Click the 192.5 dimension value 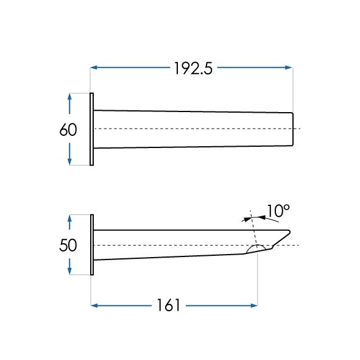[193, 68]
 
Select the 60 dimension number [68, 130]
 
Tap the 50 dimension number [68, 245]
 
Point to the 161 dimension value [168, 305]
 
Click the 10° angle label [278, 211]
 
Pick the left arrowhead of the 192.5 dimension [94, 68]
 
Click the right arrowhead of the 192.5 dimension [289, 68]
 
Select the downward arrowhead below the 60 [69, 161]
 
